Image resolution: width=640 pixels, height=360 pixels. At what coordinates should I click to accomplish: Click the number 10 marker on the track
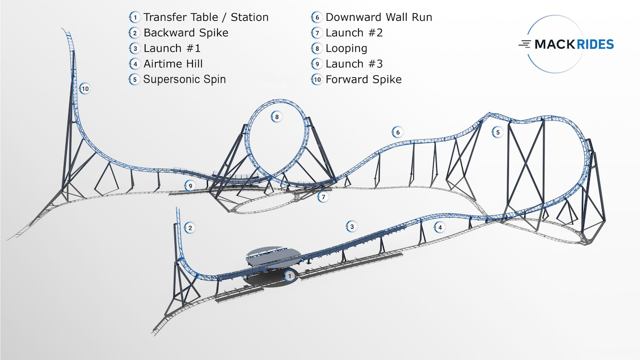pyautogui.click(x=85, y=89)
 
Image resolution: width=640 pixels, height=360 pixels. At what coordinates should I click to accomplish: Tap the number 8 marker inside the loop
pyautogui.click(x=276, y=117)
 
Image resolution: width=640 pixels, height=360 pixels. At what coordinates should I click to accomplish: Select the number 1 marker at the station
pyautogui.click(x=290, y=276)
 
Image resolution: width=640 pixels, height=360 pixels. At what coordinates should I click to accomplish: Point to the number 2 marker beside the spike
pyautogui.click(x=190, y=228)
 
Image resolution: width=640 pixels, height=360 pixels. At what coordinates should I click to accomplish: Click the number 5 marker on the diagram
pyautogui.click(x=498, y=132)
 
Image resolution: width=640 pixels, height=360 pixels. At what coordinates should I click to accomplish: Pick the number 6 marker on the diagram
pyautogui.click(x=397, y=132)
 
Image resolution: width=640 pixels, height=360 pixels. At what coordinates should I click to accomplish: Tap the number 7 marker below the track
pyautogui.click(x=323, y=197)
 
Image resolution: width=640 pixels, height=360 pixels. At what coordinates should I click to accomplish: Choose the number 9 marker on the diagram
pyautogui.click(x=190, y=186)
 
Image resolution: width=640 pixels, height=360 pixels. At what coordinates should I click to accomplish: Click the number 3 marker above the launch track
pyautogui.click(x=351, y=227)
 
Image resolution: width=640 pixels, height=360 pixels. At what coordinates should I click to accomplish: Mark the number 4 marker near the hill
pyautogui.click(x=439, y=227)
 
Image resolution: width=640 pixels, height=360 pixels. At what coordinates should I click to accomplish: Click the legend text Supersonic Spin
pyautogui.click(x=185, y=79)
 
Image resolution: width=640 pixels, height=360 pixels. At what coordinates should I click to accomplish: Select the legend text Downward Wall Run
pyautogui.click(x=379, y=17)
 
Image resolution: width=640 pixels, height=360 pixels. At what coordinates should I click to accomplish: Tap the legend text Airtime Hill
pyautogui.click(x=173, y=63)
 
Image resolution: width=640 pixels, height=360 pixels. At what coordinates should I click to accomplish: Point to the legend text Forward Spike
pyautogui.click(x=363, y=79)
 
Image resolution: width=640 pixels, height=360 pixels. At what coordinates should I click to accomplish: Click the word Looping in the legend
pyautogui.click(x=346, y=49)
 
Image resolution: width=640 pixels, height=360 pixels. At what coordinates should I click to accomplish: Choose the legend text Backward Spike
pyautogui.click(x=186, y=33)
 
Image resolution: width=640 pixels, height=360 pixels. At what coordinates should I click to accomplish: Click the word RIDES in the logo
pyautogui.click(x=591, y=44)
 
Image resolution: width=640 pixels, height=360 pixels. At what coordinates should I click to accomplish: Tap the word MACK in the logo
pyautogui.click(x=550, y=44)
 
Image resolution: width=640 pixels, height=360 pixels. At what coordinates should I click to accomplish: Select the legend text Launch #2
pyautogui.click(x=354, y=33)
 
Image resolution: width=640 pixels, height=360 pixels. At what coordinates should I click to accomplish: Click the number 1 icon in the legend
pyautogui.click(x=134, y=17)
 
